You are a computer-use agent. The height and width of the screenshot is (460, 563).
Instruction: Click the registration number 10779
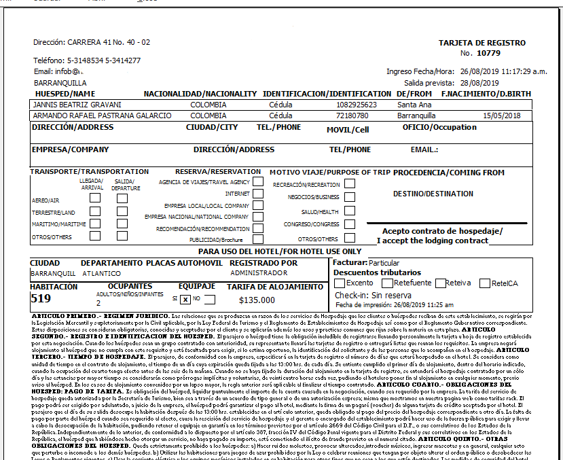tap(488, 52)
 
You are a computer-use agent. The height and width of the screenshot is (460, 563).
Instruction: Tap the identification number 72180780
tap(352, 116)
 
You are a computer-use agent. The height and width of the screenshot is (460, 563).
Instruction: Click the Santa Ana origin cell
tap(414, 105)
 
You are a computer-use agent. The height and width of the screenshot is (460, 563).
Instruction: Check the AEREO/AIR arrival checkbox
tap(95, 198)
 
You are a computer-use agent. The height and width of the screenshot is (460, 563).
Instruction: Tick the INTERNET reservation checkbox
tap(258, 194)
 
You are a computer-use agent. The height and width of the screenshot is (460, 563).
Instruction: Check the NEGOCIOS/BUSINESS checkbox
tap(349, 197)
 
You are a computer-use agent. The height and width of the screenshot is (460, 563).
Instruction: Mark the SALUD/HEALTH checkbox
tap(349, 211)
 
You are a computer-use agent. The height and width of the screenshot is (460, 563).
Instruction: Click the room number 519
tap(41, 298)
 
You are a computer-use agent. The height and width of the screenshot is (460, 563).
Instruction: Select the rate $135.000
tap(258, 300)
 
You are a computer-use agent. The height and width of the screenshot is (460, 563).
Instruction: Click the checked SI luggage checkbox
tap(185, 299)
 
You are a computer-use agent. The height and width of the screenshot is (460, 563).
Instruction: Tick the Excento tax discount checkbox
tap(340, 283)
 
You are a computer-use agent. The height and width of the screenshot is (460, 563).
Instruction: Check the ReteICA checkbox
tap(485, 283)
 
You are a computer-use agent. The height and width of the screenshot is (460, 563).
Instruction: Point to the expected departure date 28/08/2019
tap(479, 82)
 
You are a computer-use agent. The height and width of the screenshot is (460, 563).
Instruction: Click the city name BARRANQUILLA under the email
tap(55, 82)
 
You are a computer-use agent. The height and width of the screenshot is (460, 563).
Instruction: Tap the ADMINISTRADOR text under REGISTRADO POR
tap(251, 272)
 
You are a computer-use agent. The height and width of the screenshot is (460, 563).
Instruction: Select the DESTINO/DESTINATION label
tap(433, 194)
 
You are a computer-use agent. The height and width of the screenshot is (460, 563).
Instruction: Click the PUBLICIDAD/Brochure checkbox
tap(258, 240)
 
